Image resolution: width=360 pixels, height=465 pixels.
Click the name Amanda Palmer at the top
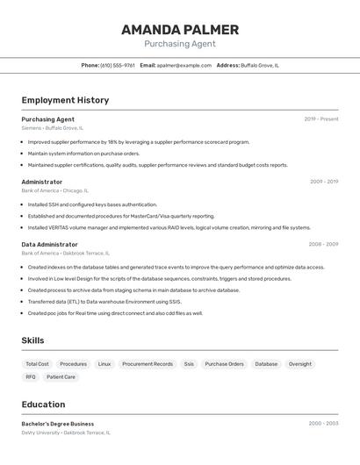pyautogui.click(x=180, y=29)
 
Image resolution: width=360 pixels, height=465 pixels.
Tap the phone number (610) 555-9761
pyautogui.click(x=118, y=65)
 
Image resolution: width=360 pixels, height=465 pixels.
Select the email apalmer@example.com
pyautogui.click(x=184, y=65)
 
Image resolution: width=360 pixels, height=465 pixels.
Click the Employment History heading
pyautogui.click(x=65, y=100)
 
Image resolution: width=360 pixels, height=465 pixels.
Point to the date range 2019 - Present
pyautogui.click(x=321, y=119)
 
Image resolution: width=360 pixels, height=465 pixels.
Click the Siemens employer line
pyautogui.click(x=53, y=128)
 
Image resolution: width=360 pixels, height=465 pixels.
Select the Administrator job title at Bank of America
pyautogui.click(x=42, y=182)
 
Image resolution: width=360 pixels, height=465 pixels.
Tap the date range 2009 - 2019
pyautogui.click(x=324, y=182)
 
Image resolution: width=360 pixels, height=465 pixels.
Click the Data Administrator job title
pyautogui.click(x=50, y=245)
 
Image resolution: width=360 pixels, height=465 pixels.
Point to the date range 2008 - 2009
pyautogui.click(x=323, y=245)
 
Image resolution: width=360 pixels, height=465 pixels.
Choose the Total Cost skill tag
pyautogui.click(x=37, y=364)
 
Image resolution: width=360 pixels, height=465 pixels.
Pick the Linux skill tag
pyautogui.click(x=104, y=364)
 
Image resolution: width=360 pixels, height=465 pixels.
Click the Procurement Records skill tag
pyautogui.click(x=148, y=364)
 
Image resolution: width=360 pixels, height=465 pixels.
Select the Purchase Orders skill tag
pyautogui.click(x=224, y=364)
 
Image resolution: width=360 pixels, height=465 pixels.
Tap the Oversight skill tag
pyautogui.click(x=300, y=364)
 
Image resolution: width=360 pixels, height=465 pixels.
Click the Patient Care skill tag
pyautogui.click(x=61, y=377)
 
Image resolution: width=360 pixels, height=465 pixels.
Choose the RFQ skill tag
pyautogui.click(x=31, y=377)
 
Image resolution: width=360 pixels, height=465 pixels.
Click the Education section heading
pyautogui.click(x=43, y=404)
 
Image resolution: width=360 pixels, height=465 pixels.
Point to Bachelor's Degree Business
pyautogui.click(x=58, y=424)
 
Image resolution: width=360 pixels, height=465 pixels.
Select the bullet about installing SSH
pyautogui.click(x=80, y=204)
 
